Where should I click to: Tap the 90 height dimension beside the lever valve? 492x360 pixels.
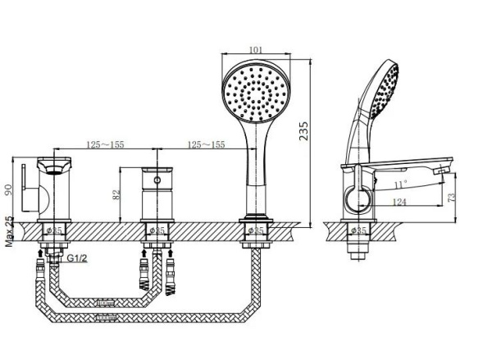[x=9, y=189]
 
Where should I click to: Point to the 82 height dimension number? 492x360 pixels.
[x=116, y=194]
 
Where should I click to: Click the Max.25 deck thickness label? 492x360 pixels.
[x=9, y=232]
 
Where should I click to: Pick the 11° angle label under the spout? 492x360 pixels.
[x=399, y=184]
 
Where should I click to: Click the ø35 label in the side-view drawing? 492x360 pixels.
[x=358, y=231]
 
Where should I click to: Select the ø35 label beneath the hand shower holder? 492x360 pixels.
[x=257, y=231]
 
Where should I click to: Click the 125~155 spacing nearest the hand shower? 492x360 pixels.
[x=205, y=145]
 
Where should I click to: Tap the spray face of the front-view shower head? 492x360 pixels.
[x=258, y=93]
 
